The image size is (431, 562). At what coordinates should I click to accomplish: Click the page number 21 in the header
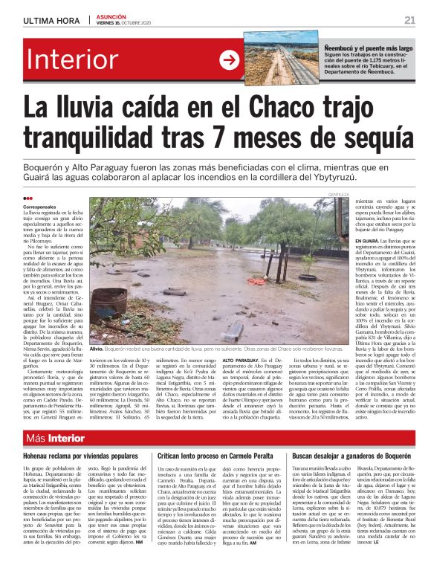(x=409, y=19)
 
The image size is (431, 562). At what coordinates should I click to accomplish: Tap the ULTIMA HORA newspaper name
(x=48, y=20)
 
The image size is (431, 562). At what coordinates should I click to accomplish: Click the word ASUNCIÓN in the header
(x=113, y=16)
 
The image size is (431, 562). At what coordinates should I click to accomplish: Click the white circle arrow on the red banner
(x=230, y=61)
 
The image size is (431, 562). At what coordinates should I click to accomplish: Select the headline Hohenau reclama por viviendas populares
(x=80, y=455)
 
